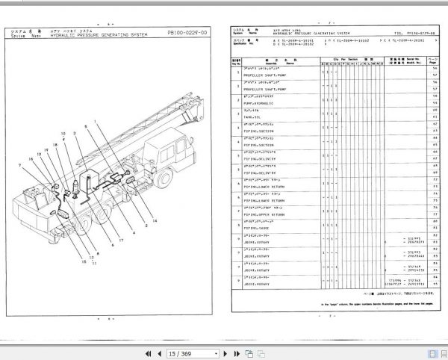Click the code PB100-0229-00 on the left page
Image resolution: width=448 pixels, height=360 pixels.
187,34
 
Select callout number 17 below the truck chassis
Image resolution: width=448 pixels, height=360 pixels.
120,240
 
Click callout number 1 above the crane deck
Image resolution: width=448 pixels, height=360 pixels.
95,122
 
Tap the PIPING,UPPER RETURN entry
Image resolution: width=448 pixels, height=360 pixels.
266,214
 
